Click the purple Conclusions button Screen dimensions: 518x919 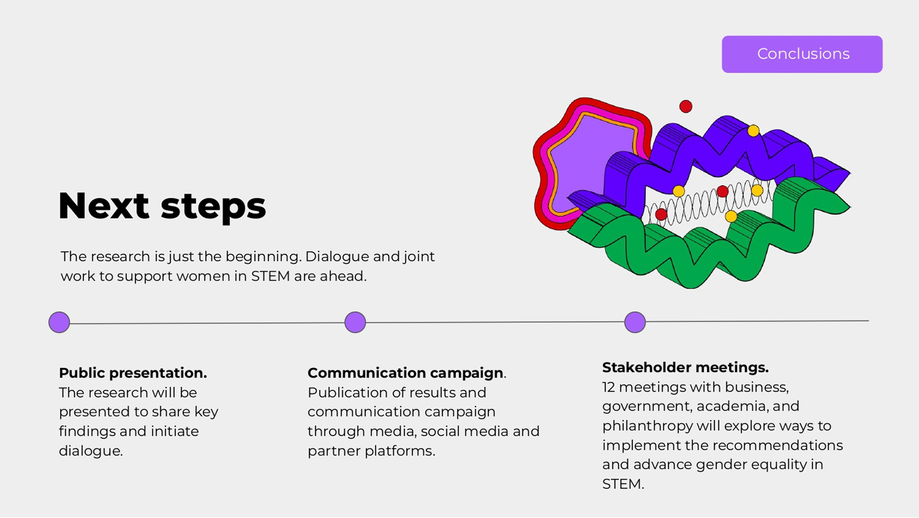coord(802,54)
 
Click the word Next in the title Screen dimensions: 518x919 coord(103,206)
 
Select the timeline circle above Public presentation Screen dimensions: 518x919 coord(59,322)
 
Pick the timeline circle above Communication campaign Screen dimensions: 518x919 coord(355,322)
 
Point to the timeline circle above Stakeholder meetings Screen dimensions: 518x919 coord(635,322)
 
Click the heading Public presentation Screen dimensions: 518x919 coord(132,373)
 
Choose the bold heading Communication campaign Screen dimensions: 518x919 coord(405,373)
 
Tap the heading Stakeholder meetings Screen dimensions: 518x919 coord(685,368)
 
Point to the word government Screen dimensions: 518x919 coord(641,407)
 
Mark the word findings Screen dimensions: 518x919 coord(86,432)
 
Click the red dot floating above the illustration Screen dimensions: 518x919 coord(686,107)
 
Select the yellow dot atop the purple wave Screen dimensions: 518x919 coord(753,131)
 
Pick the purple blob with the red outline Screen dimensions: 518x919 coord(580,163)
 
